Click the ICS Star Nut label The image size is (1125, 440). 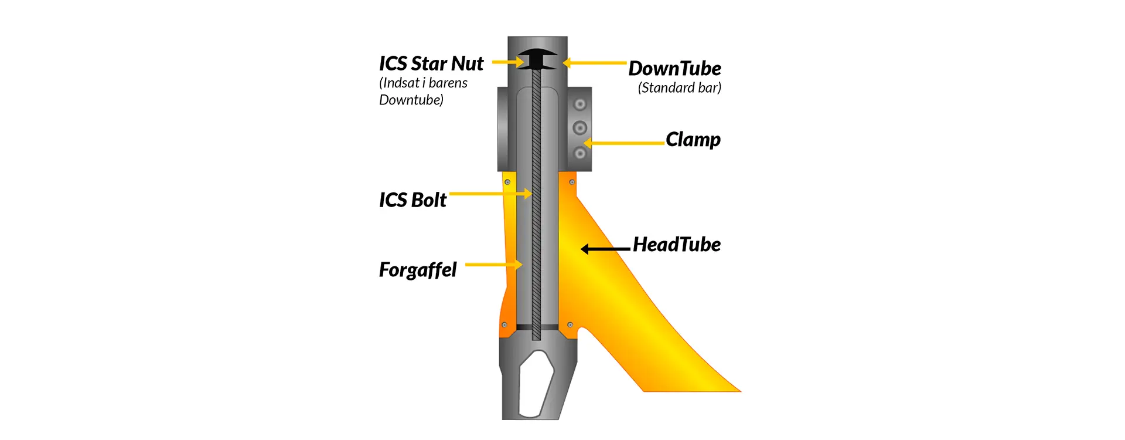431,63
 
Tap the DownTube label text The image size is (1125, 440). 675,69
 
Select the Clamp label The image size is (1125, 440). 693,140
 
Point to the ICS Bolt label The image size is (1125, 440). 412,200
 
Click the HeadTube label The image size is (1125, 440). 677,245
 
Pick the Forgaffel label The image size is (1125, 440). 418,270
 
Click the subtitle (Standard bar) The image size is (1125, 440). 680,88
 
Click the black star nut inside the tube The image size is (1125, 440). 537,59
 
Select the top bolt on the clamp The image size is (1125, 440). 579,104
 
